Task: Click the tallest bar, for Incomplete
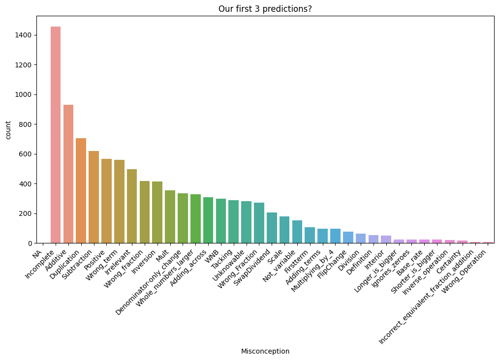pos(56,135)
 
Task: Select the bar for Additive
pos(68,174)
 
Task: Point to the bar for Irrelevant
pos(132,206)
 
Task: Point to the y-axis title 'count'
pos(8,130)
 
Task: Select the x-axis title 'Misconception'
pos(265,351)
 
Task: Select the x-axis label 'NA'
pos(37,254)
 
